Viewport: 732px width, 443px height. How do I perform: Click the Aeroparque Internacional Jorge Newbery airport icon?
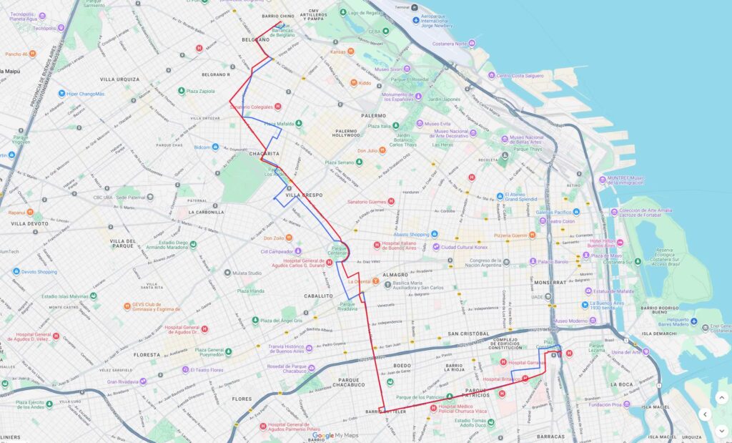[x=416, y=19]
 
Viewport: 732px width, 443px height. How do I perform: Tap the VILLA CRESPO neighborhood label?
[x=304, y=195]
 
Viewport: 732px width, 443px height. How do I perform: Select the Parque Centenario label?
[x=340, y=252]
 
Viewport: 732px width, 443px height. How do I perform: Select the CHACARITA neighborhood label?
[x=264, y=153]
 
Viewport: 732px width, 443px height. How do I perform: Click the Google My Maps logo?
[x=335, y=435]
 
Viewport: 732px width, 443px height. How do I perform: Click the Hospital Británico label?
[x=501, y=379]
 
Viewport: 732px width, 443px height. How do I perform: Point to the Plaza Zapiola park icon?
[x=182, y=91]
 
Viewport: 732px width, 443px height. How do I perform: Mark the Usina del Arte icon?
[x=646, y=351]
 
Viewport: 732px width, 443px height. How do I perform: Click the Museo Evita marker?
[x=420, y=123]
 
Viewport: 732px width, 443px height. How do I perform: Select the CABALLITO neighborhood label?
[x=317, y=295]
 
